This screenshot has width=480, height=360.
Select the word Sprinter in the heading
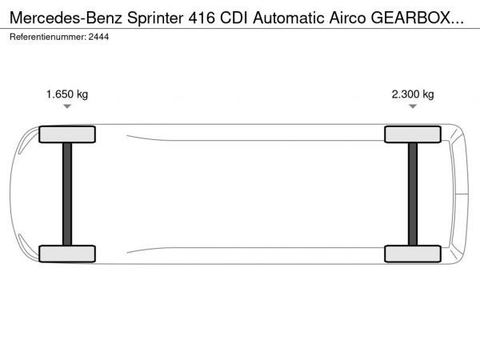155,18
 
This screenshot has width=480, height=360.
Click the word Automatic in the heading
288,18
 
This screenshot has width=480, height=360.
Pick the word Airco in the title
347,18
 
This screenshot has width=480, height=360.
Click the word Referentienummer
48,37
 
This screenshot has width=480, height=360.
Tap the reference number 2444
98,37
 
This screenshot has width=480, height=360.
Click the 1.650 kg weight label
67,94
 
